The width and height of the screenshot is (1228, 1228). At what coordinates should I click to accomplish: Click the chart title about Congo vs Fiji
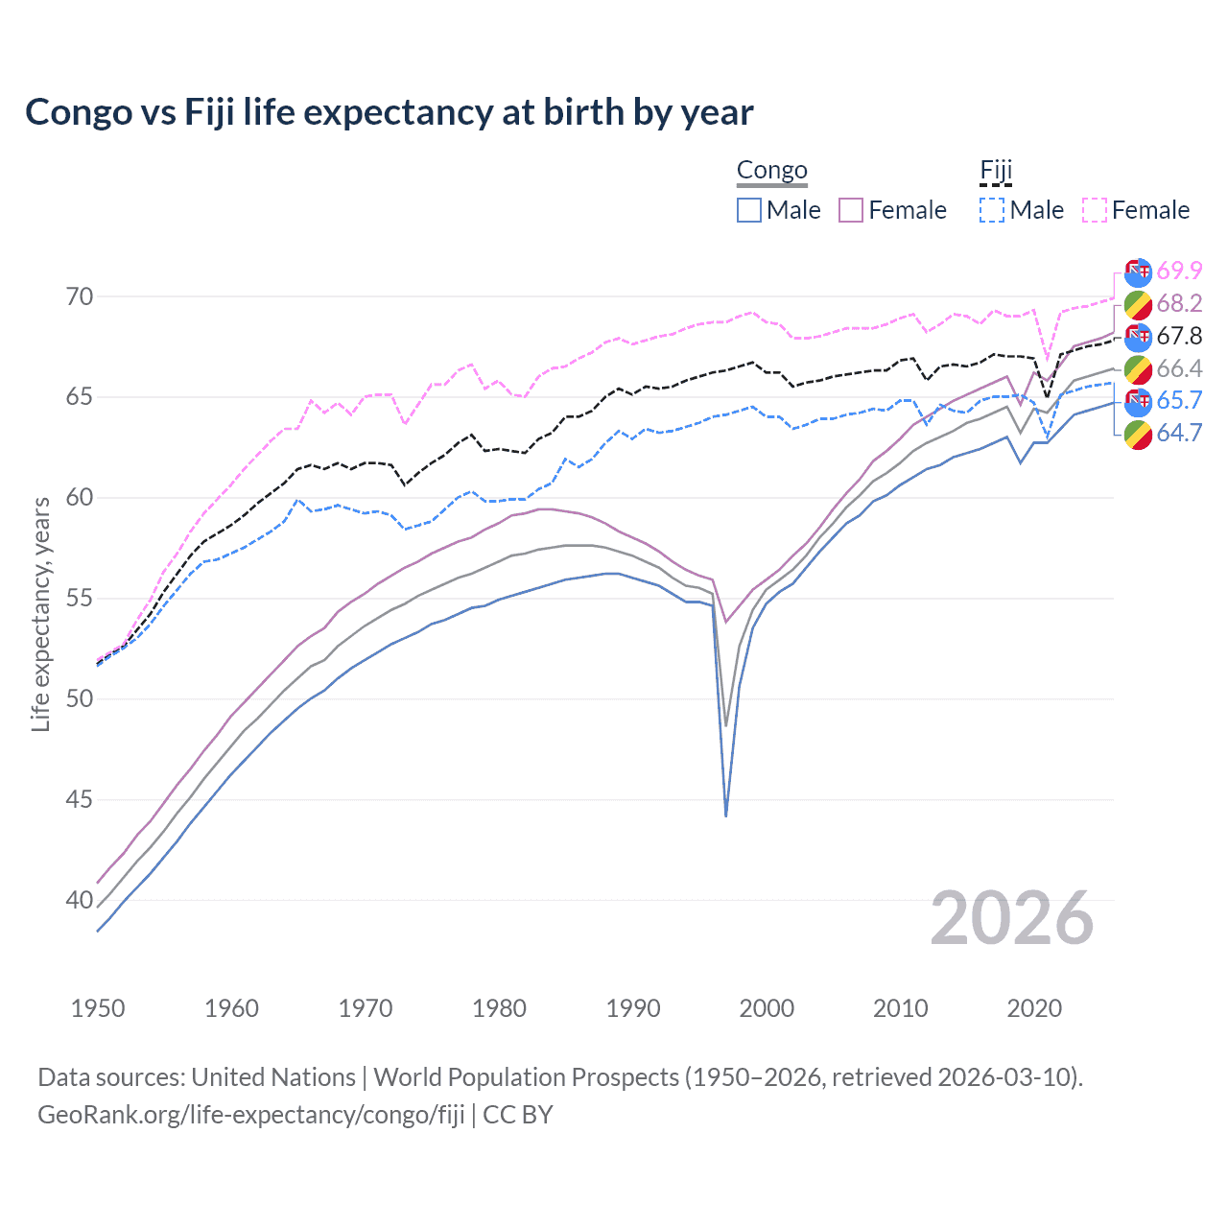389,112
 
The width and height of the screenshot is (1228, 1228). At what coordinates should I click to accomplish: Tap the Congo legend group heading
771,171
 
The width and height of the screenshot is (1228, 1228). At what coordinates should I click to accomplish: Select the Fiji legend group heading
996,171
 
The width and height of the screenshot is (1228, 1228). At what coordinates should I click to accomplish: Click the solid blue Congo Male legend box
749,210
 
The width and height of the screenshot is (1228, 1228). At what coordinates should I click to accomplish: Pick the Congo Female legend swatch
851,210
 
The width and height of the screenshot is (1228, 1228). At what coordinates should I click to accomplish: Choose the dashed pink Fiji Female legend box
1095,210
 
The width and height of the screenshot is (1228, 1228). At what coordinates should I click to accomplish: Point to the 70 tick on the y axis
80,296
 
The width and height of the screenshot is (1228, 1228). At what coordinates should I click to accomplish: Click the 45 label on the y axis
80,799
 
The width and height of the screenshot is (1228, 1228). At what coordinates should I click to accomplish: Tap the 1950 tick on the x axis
98,1008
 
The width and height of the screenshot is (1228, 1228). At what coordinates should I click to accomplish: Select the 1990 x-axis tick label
633,1008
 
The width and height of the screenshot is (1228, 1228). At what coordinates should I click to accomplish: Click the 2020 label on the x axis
1034,1008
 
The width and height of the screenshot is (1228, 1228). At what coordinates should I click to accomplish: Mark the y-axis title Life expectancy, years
40,614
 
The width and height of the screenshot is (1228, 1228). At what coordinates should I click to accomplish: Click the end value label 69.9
1179,272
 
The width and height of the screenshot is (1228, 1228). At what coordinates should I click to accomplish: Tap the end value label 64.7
1179,433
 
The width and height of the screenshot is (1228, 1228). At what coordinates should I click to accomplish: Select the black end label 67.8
1179,336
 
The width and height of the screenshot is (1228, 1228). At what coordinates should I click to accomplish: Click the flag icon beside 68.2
1138,305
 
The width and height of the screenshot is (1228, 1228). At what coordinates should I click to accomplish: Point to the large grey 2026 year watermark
1011,918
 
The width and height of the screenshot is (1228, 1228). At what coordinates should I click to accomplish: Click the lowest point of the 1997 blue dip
726,815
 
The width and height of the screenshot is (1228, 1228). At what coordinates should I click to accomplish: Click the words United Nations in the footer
273,1077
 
